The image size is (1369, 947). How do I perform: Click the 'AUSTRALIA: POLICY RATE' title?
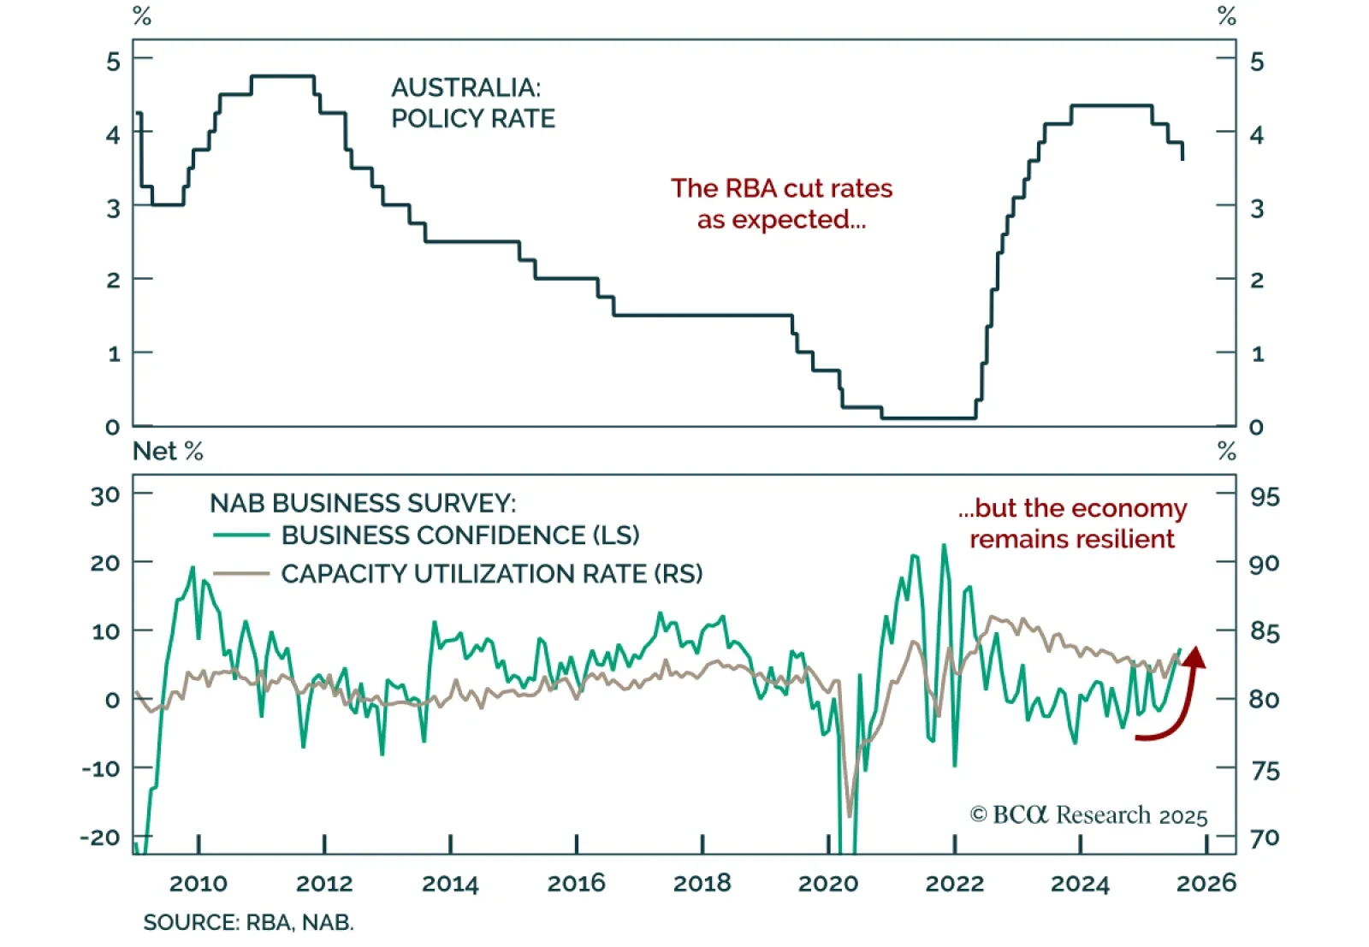(x=472, y=103)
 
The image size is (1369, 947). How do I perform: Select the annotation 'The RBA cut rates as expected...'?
(x=781, y=204)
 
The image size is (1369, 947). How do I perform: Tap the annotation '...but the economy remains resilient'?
(x=1072, y=523)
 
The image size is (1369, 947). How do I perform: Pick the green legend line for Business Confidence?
(x=240, y=536)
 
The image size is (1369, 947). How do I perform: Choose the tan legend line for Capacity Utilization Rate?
(x=240, y=573)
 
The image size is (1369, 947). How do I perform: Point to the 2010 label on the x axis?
(x=198, y=884)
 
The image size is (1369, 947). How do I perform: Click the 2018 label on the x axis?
(x=702, y=884)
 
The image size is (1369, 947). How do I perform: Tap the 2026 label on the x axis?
(x=1206, y=884)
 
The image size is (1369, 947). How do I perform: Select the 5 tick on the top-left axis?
(x=114, y=62)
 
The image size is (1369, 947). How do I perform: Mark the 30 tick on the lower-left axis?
(x=105, y=495)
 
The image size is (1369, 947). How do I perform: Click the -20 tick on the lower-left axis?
(x=99, y=838)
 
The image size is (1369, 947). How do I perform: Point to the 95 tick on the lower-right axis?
(x=1265, y=497)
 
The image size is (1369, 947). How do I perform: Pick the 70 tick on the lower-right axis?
(x=1265, y=838)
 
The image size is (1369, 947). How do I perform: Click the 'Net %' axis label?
(x=168, y=451)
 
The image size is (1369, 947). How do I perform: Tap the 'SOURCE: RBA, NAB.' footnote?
(x=248, y=922)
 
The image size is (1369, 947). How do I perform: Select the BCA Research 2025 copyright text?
(x=1088, y=814)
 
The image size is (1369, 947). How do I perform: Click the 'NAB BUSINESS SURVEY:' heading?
(x=363, y=503)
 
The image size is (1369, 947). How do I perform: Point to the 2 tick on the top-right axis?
(x=1256, y=280)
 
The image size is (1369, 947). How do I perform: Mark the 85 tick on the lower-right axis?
(x=1265, y=632)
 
